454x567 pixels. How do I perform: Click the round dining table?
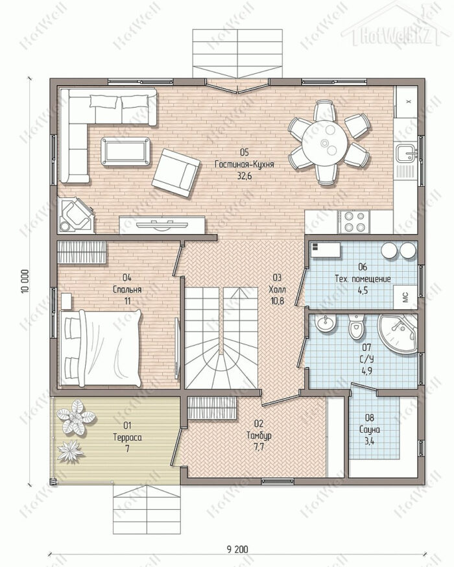324,143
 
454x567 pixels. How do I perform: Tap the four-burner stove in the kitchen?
353,222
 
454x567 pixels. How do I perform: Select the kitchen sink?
407,153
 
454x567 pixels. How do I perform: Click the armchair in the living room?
176,173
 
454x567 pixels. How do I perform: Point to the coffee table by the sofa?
126,152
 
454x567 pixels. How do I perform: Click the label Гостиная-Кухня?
245,164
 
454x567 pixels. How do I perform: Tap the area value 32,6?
245,176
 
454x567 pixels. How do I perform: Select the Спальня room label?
127,289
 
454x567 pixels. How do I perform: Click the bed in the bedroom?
101,348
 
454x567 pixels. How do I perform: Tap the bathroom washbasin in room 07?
326,322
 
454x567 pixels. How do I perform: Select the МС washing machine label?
405,297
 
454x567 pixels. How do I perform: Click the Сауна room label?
370,429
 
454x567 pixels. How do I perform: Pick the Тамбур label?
259,435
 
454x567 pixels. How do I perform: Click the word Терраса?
127,437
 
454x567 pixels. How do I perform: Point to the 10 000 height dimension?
24,281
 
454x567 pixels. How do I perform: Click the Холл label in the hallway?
277,289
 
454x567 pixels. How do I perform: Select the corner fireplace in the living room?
76,215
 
